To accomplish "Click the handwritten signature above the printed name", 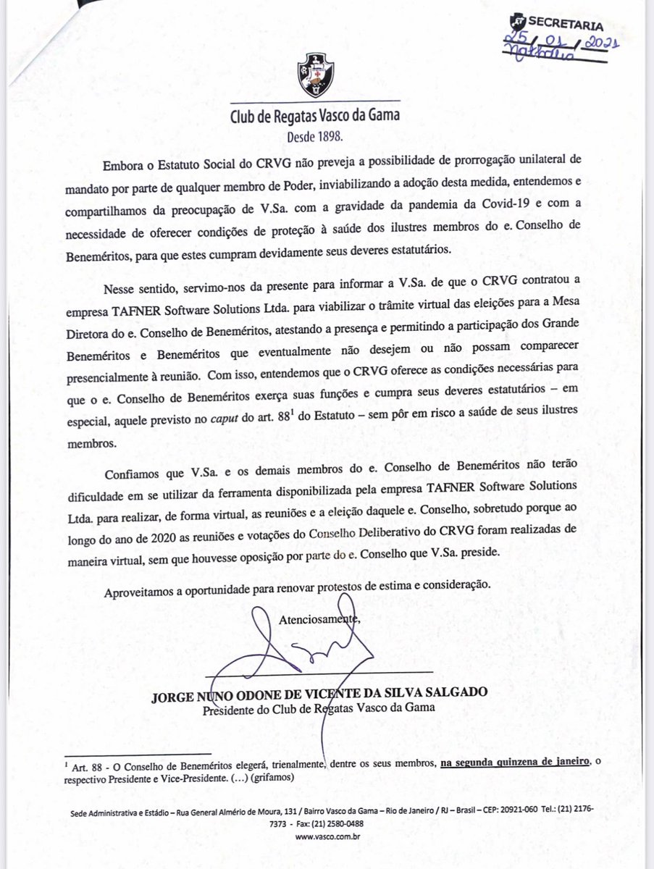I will (304, 648).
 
